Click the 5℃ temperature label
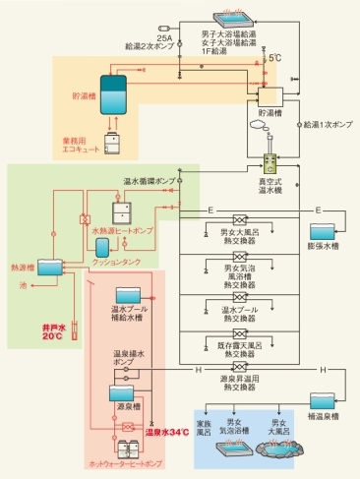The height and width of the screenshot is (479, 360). tap(276, 58)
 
